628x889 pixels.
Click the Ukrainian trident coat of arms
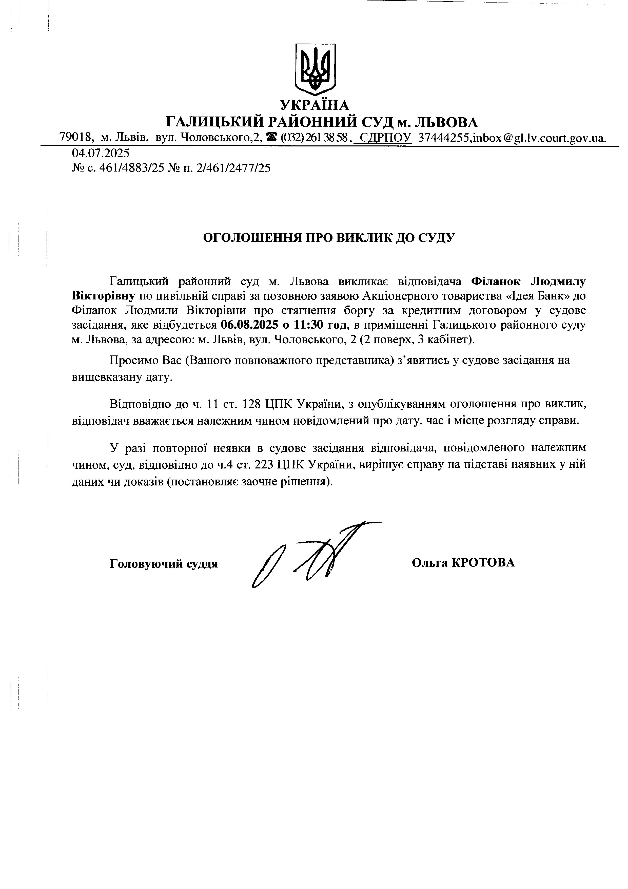pos(315,69)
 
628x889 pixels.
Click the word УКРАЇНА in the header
pos(315,105)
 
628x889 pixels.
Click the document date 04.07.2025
pos(100,153)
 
